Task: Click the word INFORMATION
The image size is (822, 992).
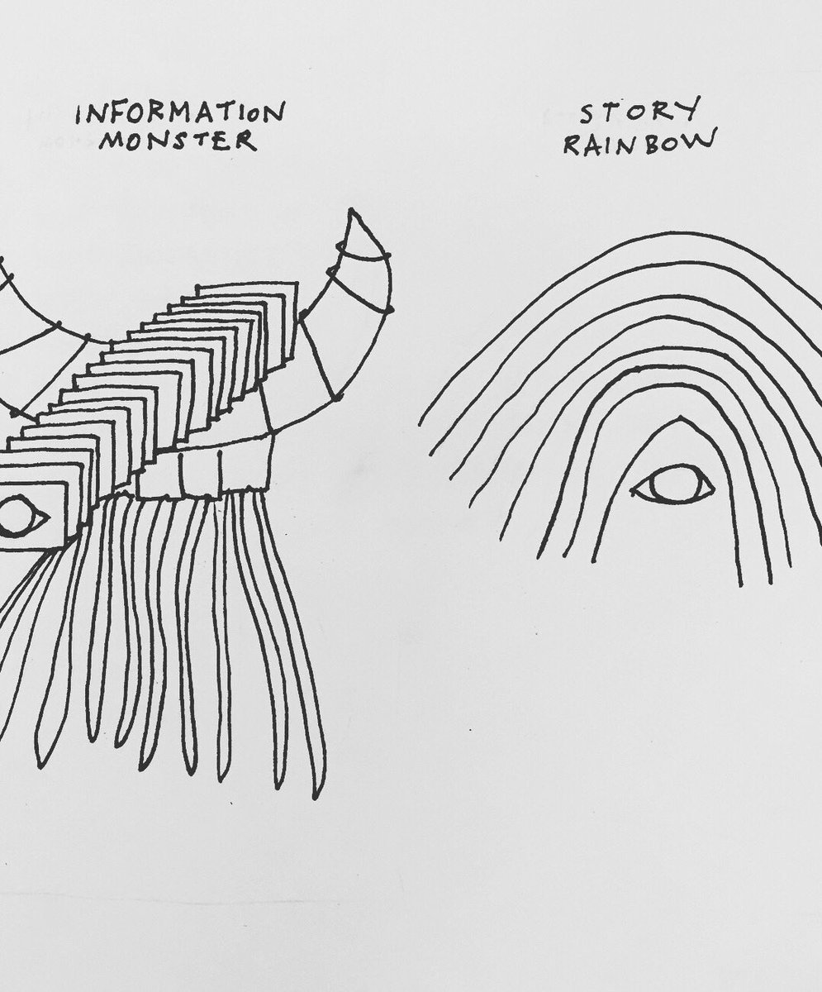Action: pyautogui.click(x=180, y=113)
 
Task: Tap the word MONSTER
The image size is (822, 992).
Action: pyautogui.click(x=178, y=141)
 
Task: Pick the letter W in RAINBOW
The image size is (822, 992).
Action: pyautogui.click(x=702, y=141)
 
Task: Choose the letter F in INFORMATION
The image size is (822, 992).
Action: pyautogui.click(x=116, y=114)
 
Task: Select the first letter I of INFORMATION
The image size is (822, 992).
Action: pyautogui.click(x=78, y=116)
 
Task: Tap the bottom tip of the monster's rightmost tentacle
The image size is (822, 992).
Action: pyautogui.click(x=318, y=795)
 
